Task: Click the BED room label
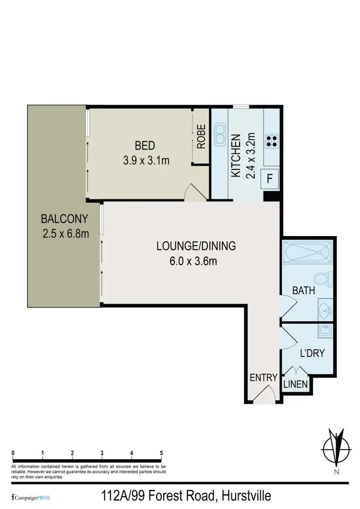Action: coord(144,145)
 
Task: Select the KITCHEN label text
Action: coord(236,156)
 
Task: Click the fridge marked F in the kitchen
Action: coord(270,178)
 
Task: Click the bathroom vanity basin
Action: coord(326,310)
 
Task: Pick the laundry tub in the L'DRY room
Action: coord(326,331)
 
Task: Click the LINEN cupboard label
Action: coord(295,384)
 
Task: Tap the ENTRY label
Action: coord(264,378)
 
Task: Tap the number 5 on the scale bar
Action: coord(161,453)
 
